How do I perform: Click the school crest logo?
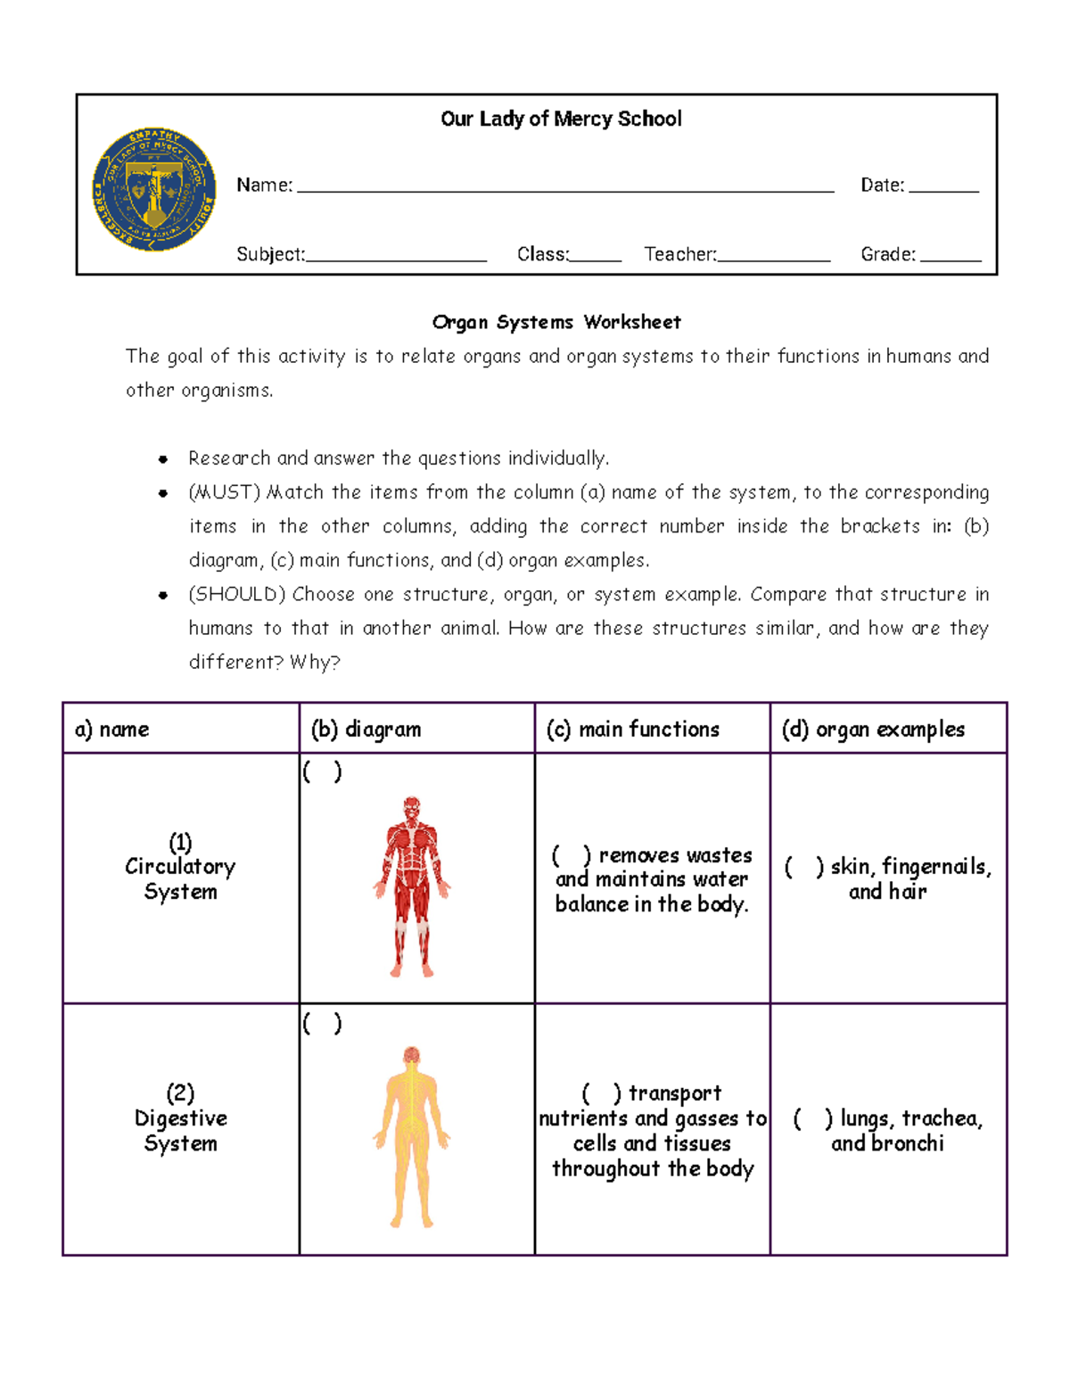pyautogui.click(x=154, y=189)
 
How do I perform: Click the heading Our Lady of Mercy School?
pyautogui.click(x=561, y=119)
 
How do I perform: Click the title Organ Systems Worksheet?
pyautogui.click(x=556, y=322)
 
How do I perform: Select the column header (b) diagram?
pyautogui.click(x=366, y=730)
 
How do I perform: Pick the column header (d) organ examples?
pyautogui.click(x=873, y=730)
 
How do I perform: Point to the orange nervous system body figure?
pyautogui.click(x=411, y=1137)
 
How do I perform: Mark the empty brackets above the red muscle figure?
pyautogui.click(x=322, y=771)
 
